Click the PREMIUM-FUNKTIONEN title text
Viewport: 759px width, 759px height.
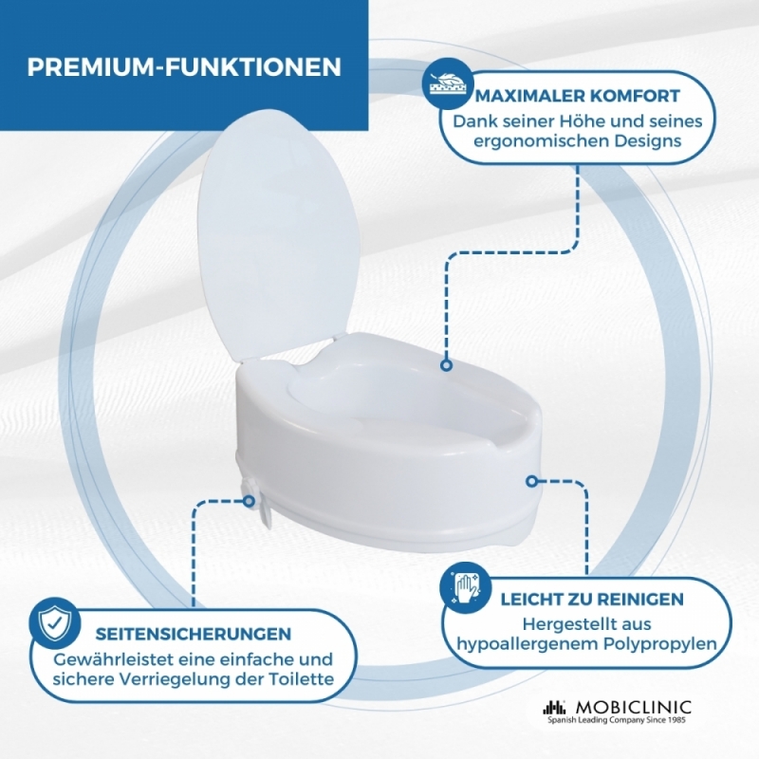point(184,66)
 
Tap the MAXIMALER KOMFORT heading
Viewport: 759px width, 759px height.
point(578,96)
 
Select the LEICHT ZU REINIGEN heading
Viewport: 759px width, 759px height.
point(591,600)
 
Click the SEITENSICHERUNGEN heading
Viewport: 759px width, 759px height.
point(194,634)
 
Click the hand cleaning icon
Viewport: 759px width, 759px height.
point(465,587)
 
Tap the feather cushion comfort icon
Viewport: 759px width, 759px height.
point(447,83)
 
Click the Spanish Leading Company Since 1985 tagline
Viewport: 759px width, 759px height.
point(618,721)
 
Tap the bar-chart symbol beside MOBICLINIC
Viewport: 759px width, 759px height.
point(554,707)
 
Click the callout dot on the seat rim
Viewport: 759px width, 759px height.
point(446,365)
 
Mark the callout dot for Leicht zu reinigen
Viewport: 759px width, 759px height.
point(532,481)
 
